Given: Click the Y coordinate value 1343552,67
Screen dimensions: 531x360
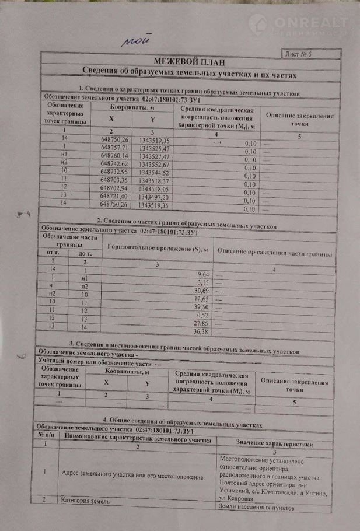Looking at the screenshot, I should [153, 165].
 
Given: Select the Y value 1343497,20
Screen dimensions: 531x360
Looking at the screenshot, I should [153, 197].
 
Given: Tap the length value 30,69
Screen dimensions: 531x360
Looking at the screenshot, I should [200, 290].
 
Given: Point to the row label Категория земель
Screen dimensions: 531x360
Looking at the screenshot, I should [83, 500].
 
